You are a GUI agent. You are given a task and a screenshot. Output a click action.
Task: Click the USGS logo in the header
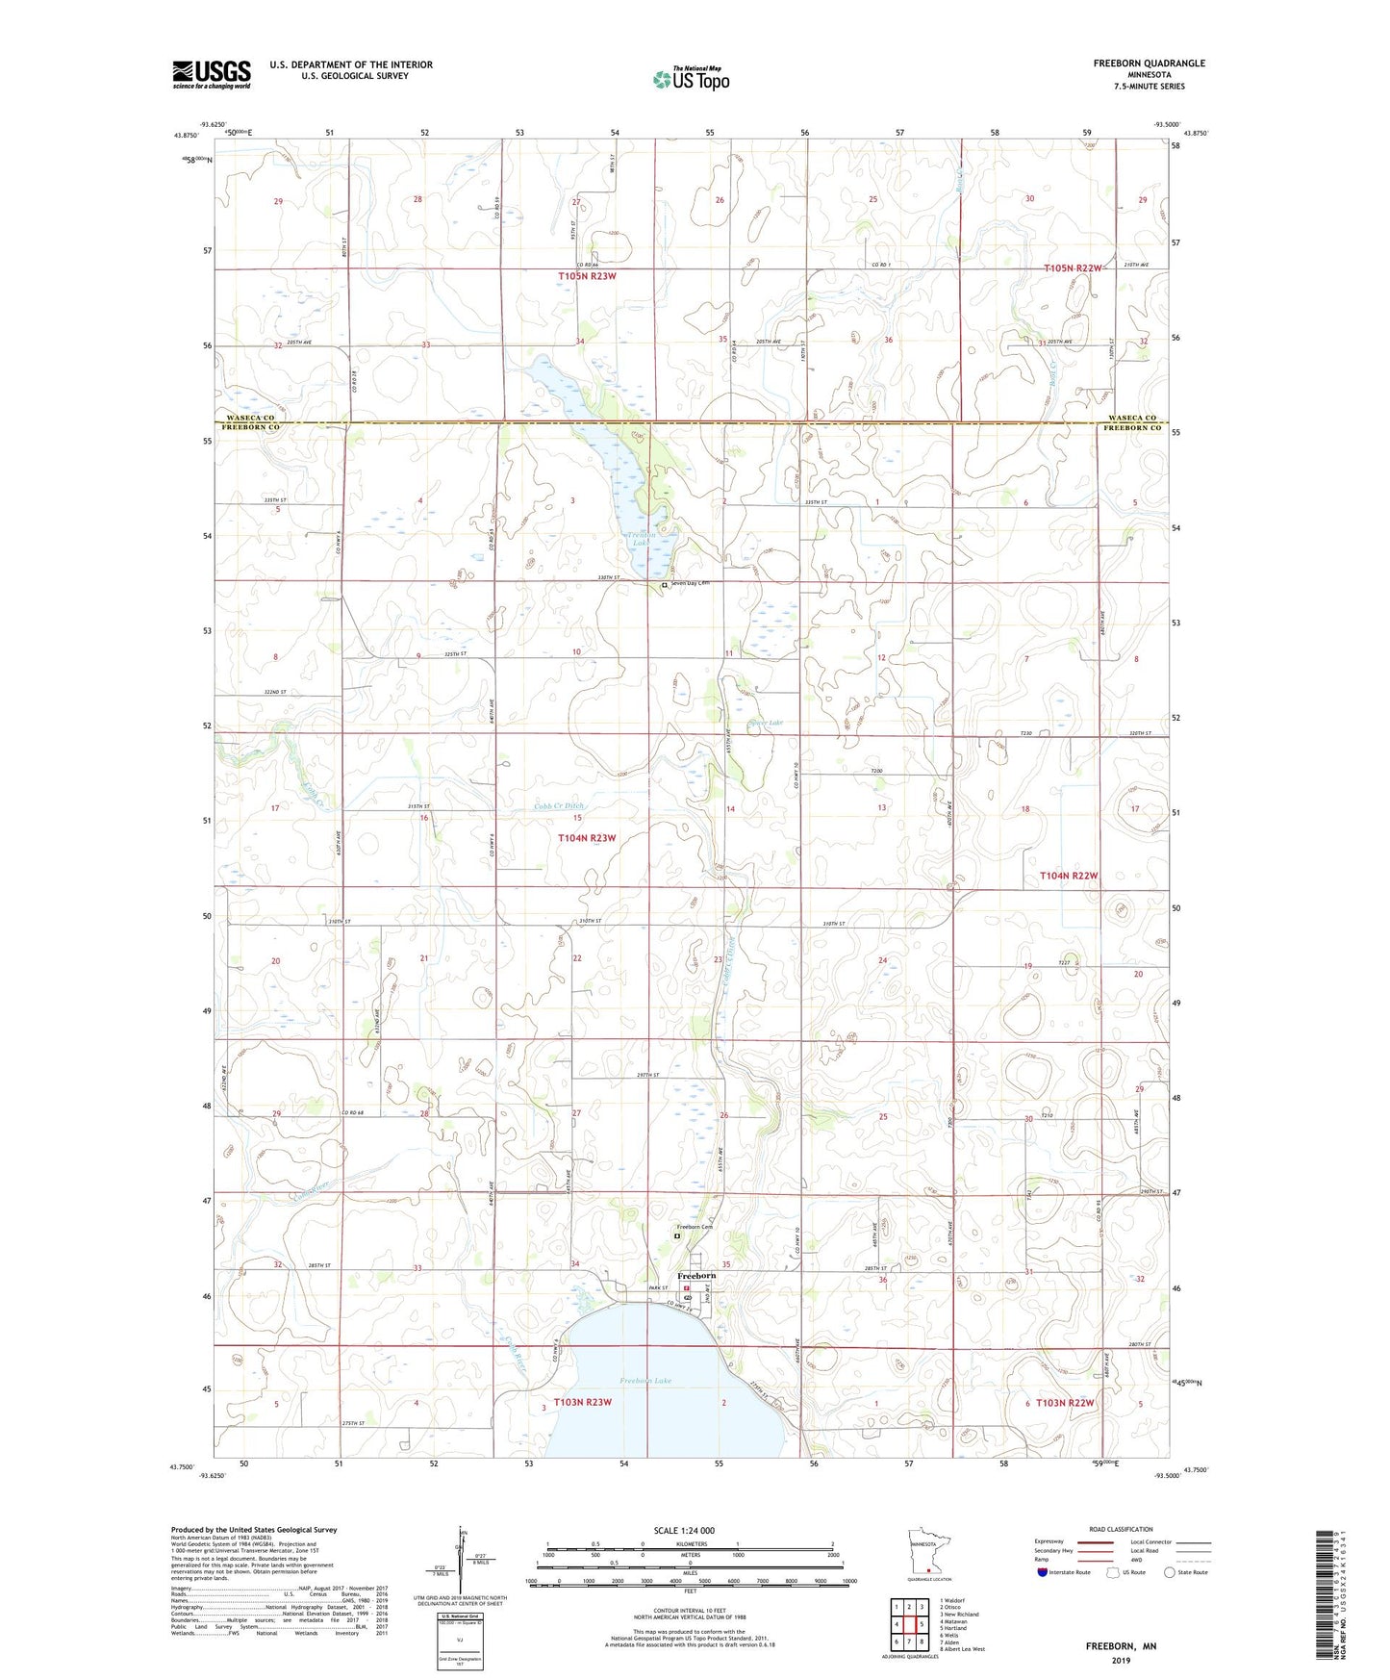(212, 74)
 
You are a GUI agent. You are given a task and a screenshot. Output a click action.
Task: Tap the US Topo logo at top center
(690, 79)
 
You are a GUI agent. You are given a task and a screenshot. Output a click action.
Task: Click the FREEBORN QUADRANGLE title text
(1149, 64)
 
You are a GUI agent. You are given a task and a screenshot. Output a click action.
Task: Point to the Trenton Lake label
(641, 539)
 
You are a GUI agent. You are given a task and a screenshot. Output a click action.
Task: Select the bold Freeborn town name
(696, 1276)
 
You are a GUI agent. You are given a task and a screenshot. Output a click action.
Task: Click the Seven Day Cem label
(690, 583)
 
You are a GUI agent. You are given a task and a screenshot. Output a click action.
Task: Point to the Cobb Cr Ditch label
(558, 806)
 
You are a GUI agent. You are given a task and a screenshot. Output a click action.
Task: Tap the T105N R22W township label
(1072, 268)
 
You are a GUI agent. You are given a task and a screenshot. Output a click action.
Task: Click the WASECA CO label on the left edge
(250, 418)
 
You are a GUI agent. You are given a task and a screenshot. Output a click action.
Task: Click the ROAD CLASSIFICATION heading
(1122, 1529)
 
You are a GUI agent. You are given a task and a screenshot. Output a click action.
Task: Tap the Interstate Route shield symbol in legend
(1043, 1572)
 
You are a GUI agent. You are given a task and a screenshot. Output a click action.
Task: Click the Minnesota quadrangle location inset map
(927, 1555)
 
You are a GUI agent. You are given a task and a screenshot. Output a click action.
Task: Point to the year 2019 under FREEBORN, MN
(1121, 1661)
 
